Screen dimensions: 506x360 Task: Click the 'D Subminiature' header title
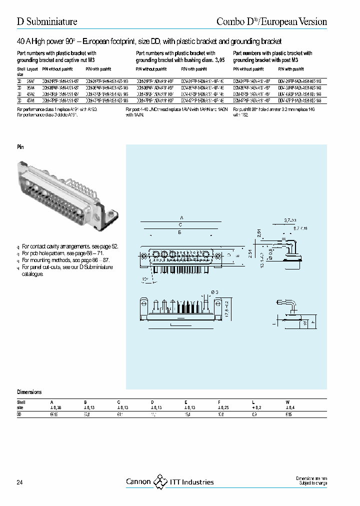tap(47, 21)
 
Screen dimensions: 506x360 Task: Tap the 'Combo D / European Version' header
tap(271, 21)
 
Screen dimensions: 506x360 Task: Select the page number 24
tap(20, 482)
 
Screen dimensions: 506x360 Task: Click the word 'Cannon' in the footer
tap(138, 482)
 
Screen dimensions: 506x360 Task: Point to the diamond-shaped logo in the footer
tap(160, 481)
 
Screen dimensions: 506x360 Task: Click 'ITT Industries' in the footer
tap(191, 482)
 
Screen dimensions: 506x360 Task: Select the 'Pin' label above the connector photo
tap(20, 147)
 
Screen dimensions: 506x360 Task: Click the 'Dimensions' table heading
tap(29, 392)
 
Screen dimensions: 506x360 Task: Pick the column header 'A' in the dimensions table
tap(51, 401)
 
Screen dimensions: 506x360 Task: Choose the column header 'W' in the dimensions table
tap(286, 401)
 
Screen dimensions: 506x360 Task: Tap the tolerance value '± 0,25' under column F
tap(224, 407)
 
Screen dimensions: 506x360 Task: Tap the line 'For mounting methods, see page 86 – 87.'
tap(65, 260)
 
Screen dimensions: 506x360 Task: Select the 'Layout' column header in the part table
tap(32, 69)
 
